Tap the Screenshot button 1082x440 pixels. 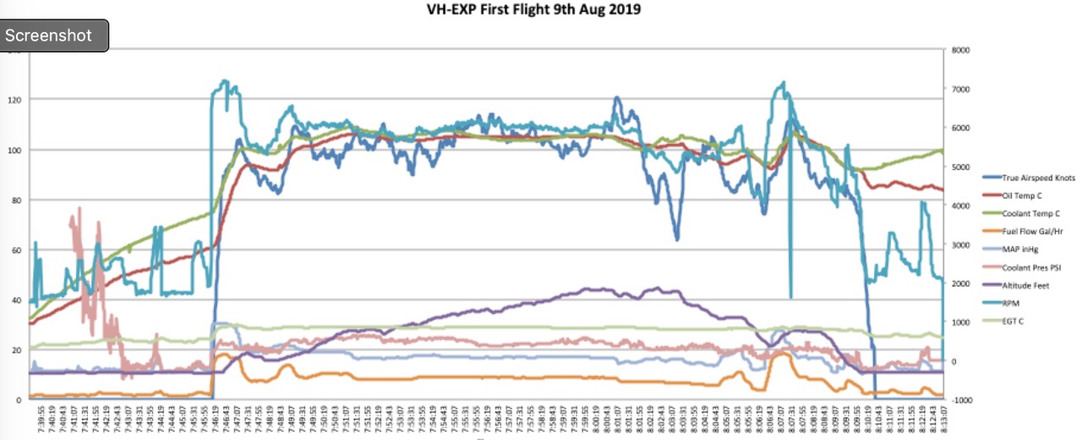pyautogui.click(x=55, y=36)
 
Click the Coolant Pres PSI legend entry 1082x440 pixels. pyautogui.click(x=1032, y=267)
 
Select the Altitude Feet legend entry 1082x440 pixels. pyautogui.click(x=1025, y=285)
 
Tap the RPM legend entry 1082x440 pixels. pyautogui.click(x=1011, y=303)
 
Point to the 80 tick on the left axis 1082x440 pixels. pyautogui.click(x=18, y=201)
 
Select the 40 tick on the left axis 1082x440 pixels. pyautogui.click(x=18, y=300)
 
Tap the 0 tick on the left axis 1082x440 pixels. pyautogui.click(x=20, y=399)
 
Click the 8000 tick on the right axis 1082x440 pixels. pyautogui.click(x=960, y=51)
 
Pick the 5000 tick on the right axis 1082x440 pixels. pyautogui.click(x=960, y=168)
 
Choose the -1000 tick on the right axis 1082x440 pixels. pyautogui.click(x=962, y=399)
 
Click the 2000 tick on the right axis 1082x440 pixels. pyautogui.click(x=960, y=283)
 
